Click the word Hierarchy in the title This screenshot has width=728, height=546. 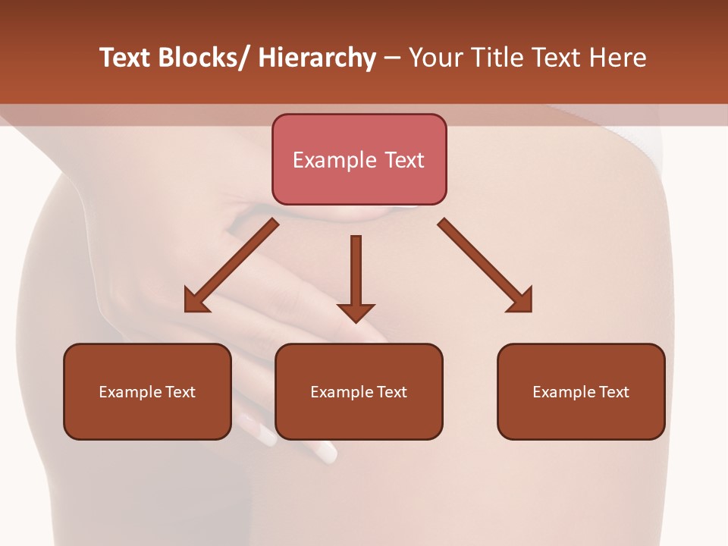[317, 58]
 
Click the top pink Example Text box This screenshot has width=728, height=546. [359, 159]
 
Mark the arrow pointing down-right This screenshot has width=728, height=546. [485, 265]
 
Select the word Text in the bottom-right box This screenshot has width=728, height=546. [613, 392]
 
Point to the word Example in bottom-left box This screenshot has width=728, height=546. [130, 392]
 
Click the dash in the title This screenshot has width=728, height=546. [392, 58]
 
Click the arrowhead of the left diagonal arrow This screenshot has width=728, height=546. [195, 302]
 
